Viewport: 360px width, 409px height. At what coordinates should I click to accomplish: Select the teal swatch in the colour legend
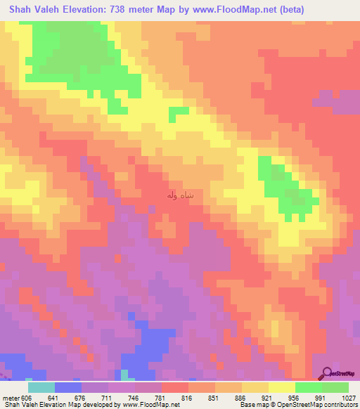coord(41,387)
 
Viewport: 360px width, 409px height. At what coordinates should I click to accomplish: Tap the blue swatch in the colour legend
coord(67,387)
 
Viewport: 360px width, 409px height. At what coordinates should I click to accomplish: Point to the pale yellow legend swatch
coord(281,387)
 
